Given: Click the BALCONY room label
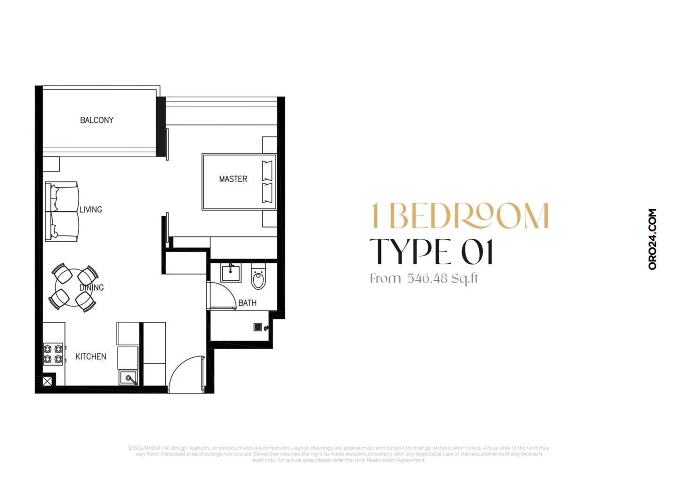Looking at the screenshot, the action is pyautogui.click(x=97, y=120).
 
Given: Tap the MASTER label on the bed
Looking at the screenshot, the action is pyautogui.click(x=233, y=179).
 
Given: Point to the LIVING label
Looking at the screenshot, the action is pyautogui.click(x=90, y=210).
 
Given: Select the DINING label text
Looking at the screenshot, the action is pyautogui.click(x=91, y=287).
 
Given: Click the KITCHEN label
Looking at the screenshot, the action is pyautogui.click(x=91, y=357).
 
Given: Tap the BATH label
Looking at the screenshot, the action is pyautogui.click(x=247, y=303).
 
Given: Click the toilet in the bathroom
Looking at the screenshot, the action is pyautogui.click(x=258, y=276).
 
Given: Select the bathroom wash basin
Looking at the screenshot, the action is pyautogui.click(x=231, y=273).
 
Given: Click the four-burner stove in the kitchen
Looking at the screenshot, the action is pyautogui.click(x=53, y=354).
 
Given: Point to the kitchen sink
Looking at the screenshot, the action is pyautogui.click(x=129, y=378).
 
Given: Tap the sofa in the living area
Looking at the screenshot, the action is pyautogui.click(x=62, y=211).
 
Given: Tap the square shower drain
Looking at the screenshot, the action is pyautogui.click(x=258, y=327).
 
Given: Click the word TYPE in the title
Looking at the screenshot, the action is pyautogui.click(x=409, y=252).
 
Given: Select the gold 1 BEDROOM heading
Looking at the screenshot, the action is pyautogui.click(x=460, y=216).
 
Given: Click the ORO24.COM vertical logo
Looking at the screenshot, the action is pyautogui.click(x=652, y=239).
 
